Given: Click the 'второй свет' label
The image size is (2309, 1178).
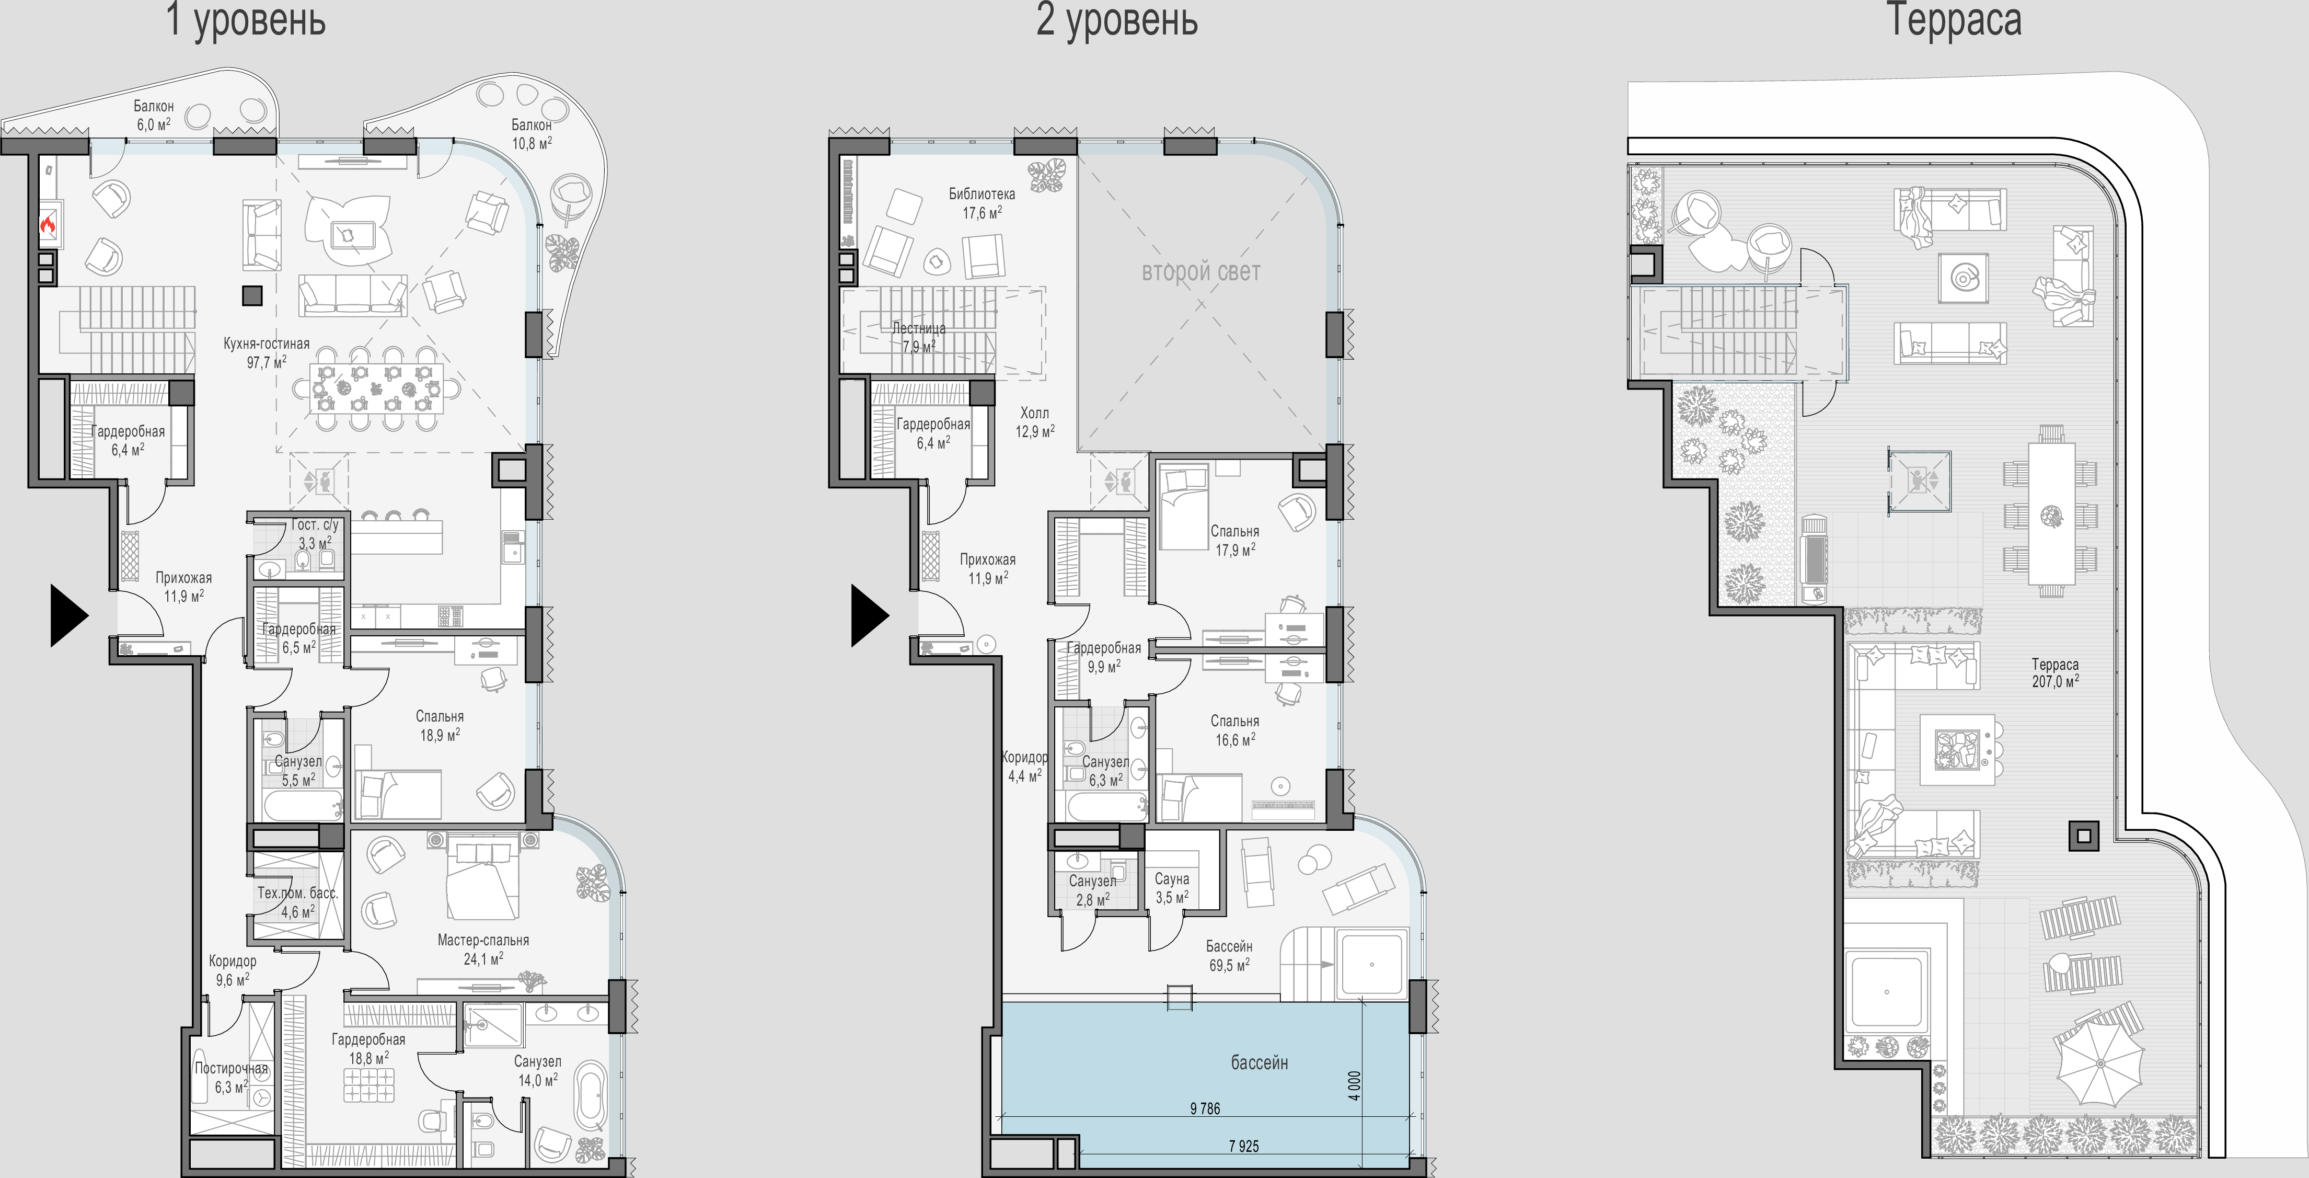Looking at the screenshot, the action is (x=1201, y=272).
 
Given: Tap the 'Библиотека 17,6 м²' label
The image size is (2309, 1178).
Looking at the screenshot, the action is (x=982, y=203).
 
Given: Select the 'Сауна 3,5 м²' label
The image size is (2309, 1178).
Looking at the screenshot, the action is (x=1172, y=887).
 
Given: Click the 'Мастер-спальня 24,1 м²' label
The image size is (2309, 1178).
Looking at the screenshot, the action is (x=483, y=948).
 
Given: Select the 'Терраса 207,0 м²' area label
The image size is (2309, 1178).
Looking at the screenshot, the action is (x=2056, y=672).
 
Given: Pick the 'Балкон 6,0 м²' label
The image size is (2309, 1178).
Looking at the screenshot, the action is (x=154, y=115).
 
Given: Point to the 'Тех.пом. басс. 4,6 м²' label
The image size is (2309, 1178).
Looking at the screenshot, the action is (x=297, y=902).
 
